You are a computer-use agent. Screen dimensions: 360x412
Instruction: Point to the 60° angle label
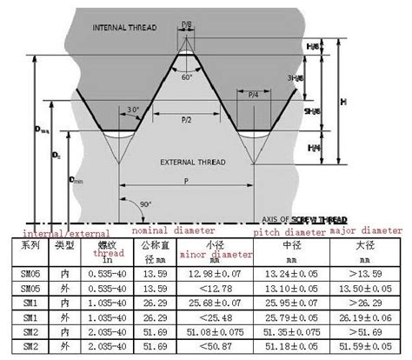pyautogui.click(x=187, y=77)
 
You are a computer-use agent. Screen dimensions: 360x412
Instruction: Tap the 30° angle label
pyautogui.click(x=133, y=110)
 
